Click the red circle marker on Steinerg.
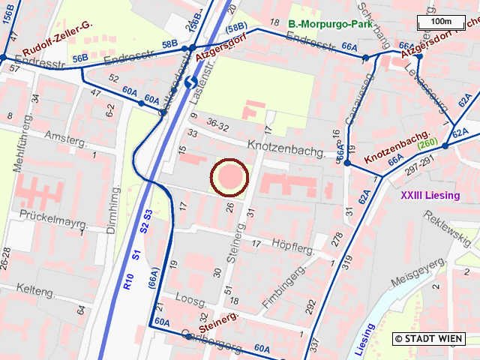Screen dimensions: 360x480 pos(229,178)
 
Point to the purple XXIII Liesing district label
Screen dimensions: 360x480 pos(430,196)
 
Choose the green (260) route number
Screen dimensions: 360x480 pos(427,144)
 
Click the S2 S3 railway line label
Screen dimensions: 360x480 pos(147,225)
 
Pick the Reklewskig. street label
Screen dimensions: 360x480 pos(448,228)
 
